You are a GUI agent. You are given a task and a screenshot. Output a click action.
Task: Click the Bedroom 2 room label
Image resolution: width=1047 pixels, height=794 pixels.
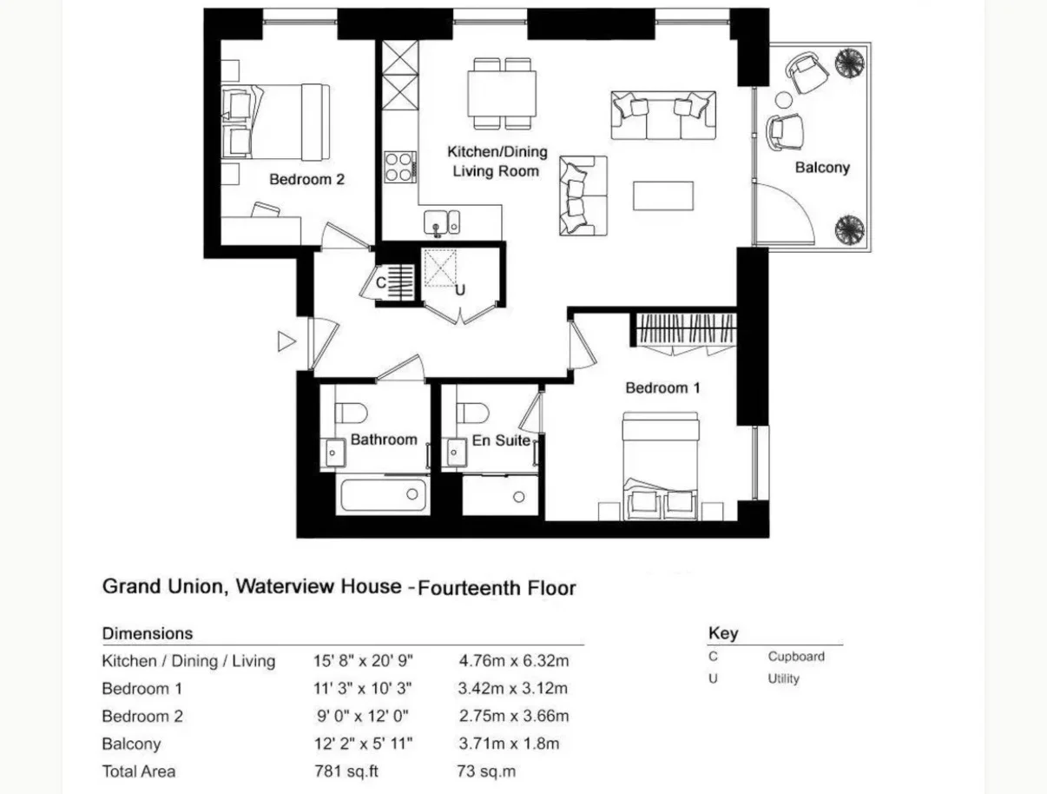point(306,180)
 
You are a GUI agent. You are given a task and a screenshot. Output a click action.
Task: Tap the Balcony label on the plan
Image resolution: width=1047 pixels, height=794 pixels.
point(822,168)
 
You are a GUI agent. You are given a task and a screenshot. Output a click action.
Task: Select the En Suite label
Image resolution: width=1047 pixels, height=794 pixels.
point(501,440)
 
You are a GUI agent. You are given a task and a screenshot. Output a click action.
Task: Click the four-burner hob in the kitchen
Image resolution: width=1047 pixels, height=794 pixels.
point(399,167)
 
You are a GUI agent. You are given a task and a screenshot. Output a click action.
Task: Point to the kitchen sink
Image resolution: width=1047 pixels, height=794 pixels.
point(442,222)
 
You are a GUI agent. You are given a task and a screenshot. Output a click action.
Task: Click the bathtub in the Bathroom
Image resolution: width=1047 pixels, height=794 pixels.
point(383,495)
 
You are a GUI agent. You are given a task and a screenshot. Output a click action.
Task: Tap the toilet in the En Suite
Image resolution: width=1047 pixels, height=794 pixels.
point(472,413)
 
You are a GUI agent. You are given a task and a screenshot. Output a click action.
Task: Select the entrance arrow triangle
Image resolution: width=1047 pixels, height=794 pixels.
point(286,341)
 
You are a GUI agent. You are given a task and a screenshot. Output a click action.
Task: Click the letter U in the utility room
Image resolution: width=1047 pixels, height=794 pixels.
point(460,290)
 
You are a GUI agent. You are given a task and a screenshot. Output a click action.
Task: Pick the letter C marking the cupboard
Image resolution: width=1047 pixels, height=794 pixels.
point(380,283)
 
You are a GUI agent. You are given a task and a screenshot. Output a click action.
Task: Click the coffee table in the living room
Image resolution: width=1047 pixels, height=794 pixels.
point(663,195)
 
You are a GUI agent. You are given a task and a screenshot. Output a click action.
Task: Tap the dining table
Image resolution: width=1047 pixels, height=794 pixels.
point(502,94)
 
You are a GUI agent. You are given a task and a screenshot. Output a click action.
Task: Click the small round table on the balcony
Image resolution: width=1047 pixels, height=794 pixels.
point(783,100)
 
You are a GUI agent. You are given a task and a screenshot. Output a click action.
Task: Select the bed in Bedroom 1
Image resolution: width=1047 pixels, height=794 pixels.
point(661,466)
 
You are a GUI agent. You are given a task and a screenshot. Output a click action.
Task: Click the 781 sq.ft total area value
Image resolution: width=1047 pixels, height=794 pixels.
point(346,771)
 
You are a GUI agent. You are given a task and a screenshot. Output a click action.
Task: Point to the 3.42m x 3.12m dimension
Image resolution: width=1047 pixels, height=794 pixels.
point(513,689)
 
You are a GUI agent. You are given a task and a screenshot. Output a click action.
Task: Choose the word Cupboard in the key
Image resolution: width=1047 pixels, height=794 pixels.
point(796,657)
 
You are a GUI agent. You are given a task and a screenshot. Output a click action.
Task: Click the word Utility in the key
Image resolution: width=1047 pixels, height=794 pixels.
point(783,678)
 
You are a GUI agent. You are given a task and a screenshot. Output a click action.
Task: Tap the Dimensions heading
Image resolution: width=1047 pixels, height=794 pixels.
point(148,633)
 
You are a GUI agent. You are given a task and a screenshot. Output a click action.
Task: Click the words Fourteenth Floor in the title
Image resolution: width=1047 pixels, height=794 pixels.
point(497,588)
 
